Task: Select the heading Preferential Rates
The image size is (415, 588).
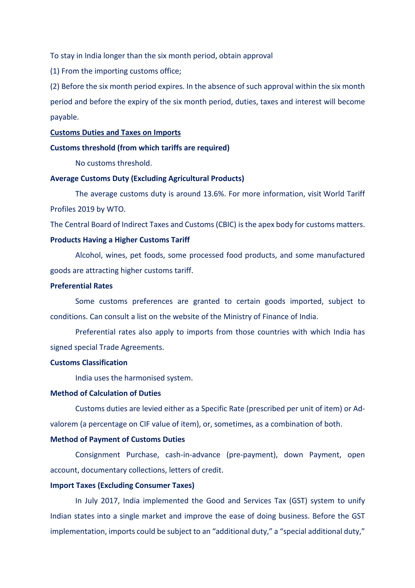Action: tap(81, 286)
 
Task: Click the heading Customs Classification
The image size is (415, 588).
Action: tap(89, 363)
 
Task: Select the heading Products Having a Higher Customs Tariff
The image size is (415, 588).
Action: tap(120, 240)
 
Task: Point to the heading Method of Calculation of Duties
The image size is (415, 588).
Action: tap(106, 393)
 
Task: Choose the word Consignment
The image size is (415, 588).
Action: tap(98, 455)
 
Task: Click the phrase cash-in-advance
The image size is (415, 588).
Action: tap(193, 455)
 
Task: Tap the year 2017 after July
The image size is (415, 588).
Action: tap(110, 501)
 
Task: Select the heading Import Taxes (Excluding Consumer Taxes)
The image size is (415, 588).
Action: tap(122, 485)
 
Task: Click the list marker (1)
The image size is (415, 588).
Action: tap(55, 71)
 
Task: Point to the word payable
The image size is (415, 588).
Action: tap(64, 117)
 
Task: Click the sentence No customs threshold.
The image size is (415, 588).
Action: tap(113, 163)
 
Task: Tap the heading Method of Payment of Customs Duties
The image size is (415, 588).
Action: tap(118, 439)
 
